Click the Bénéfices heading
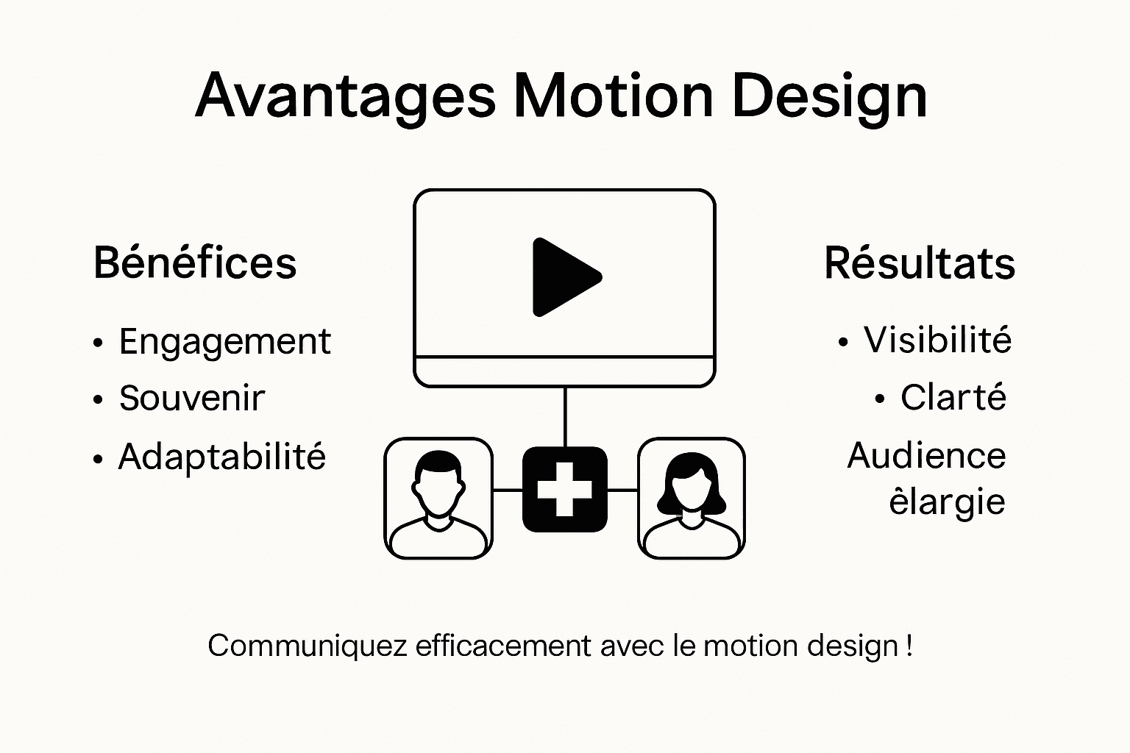pos(195,263)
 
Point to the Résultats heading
pos(920,263)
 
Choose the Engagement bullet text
pos(224,342)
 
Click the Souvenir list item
pos(191,398)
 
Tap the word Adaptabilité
pos(221,457)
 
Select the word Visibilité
pos(937,340)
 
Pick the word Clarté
pos(953,397)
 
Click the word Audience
pos(926,455)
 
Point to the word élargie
pos(947,502)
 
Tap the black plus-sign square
pos(564,490)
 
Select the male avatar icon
pos(438,498)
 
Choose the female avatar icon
pos(691,498)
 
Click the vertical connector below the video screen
pos(565,416)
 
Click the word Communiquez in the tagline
pos(307,646)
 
